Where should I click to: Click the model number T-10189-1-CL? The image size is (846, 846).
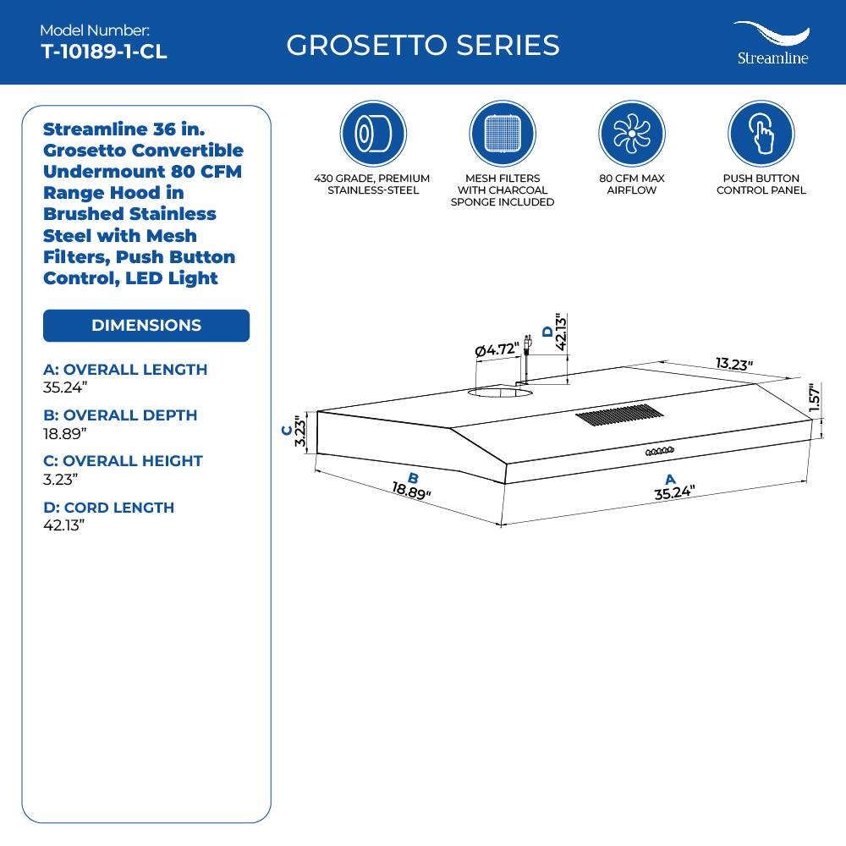(104, 52)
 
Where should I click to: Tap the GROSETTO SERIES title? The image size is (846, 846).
(423, 45)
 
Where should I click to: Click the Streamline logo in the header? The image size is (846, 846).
(771, 44)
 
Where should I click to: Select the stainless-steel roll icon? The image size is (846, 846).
(373, 134)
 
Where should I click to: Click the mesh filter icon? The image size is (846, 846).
(503, 134)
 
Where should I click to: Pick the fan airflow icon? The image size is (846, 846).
(631, 134)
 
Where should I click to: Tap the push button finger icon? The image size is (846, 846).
(761, 134)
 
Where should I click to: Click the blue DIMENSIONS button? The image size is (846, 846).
(146, 326)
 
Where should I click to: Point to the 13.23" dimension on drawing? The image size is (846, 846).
(733, 364)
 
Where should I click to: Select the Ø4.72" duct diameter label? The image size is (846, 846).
(497, 349)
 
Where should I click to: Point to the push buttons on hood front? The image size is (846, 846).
(660, 452)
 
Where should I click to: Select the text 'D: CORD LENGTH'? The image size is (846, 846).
(108, 508)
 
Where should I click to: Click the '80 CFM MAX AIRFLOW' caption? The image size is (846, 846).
(631, 184)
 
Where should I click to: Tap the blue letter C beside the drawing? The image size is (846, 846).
(287, 431)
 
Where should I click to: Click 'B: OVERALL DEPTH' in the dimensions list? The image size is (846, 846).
(119, 415)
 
